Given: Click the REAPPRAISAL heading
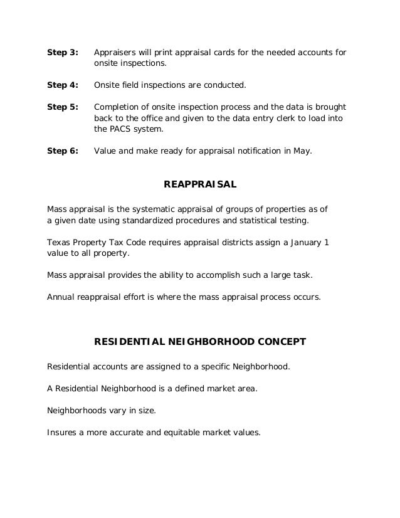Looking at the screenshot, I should click(x=199, y=184).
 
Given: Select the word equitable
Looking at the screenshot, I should click(x=191, y=432).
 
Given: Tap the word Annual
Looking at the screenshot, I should click(x=62, y=297).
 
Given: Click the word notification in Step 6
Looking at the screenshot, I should click(x=246, y=151).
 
